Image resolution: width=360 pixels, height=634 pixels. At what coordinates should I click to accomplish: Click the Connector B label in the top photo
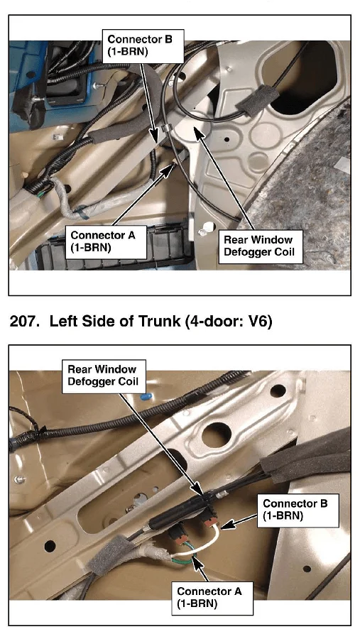143,46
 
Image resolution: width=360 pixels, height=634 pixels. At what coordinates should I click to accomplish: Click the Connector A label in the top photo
106,242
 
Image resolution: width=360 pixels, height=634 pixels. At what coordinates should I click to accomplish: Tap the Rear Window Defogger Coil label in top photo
261,246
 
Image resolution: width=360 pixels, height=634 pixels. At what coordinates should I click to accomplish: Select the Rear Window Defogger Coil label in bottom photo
104,376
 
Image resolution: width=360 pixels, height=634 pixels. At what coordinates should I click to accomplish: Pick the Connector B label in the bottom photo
298,510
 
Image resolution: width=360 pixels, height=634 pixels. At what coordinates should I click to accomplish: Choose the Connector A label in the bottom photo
212,598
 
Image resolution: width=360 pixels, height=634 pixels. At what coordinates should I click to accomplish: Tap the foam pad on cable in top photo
257,98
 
